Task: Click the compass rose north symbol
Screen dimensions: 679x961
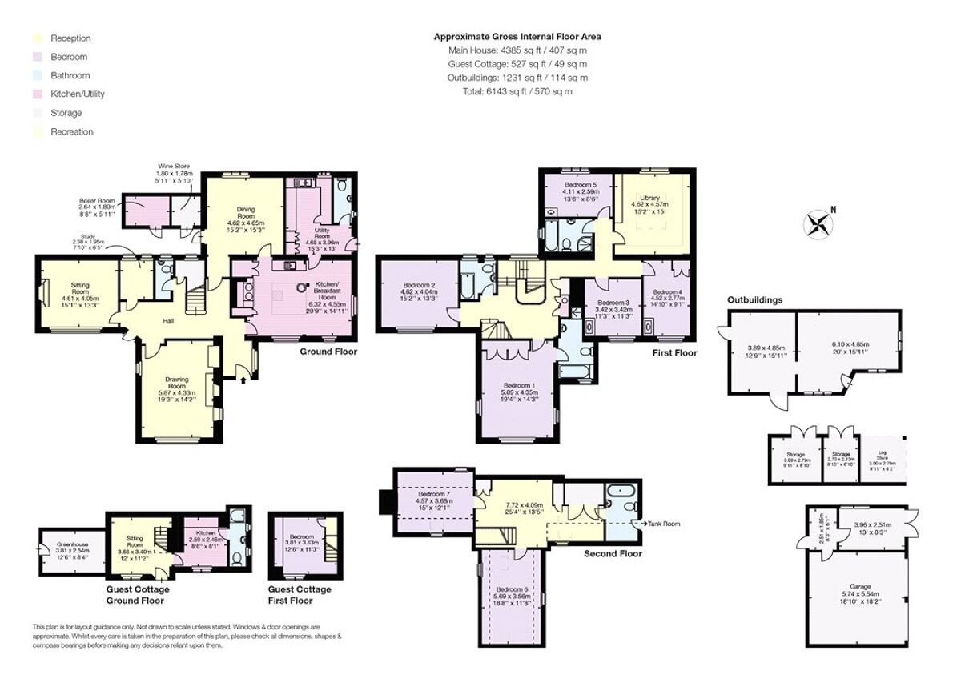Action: [x=818, y=223]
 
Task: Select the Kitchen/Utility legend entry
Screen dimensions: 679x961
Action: [x=77, y=94]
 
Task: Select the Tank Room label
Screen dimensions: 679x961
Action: [x=664, y=524]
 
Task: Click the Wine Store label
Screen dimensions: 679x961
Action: [x=174, y=167]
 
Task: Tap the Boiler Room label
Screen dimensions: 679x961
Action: [x=97, y=200]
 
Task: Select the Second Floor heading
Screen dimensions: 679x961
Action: [x=613, y=553]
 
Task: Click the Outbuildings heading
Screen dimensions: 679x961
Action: [x=754, y=300]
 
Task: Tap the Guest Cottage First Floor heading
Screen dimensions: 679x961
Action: [x=300, y=595]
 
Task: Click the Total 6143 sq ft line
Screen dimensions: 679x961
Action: [x=517, y=91]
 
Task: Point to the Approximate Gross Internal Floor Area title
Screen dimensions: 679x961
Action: [x=517, y=36]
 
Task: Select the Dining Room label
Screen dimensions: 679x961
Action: [x=240, y=211]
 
